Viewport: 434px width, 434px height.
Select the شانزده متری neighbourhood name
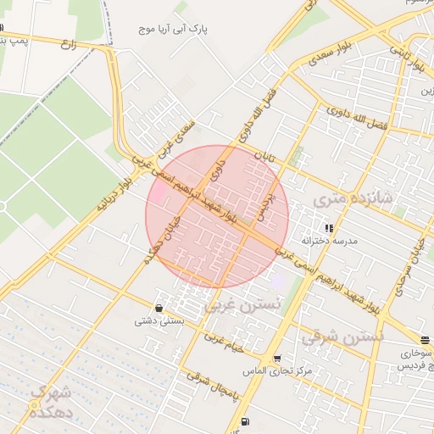click(x=352, y=199)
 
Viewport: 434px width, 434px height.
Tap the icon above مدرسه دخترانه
click(x=329, y=228)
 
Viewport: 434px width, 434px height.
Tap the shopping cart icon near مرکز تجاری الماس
click(x=276, y=359)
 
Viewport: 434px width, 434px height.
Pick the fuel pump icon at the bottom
click(x=245, y=421)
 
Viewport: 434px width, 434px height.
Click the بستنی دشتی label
click(x=159, y=321)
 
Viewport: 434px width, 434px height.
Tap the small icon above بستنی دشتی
click(x=159, y=308)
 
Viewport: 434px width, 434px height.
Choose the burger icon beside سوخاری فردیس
click(x=425, y=341)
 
